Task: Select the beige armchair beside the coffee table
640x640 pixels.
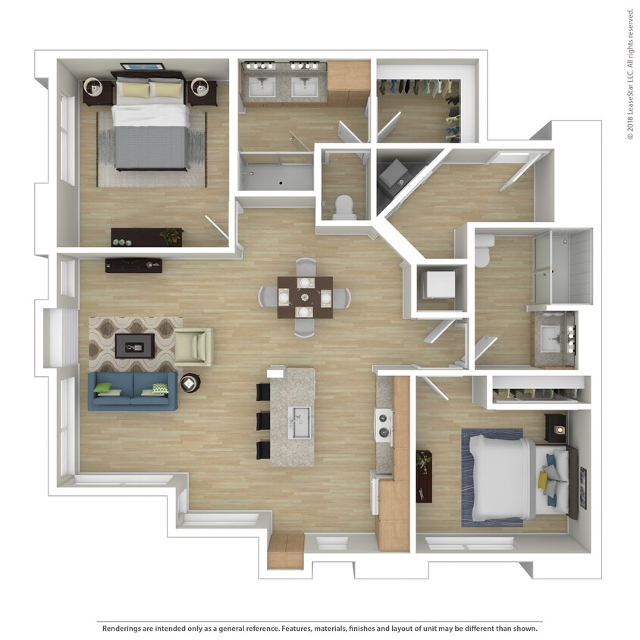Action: pos(193,347)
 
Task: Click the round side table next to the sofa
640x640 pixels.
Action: pos(190,383)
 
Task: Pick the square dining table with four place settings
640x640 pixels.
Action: pos(304,296)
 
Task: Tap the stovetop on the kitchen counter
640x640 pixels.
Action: pos(384,426)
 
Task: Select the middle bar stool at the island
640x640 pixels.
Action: pos(263,421)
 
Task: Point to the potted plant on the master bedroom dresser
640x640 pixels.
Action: pos(172,236)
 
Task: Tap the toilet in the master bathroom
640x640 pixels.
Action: pos(344,207)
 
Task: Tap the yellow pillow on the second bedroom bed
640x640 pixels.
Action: pos(544,479)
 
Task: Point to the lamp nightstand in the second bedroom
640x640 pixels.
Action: pos(556,429)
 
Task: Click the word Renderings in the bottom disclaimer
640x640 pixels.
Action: pos(122,629)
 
